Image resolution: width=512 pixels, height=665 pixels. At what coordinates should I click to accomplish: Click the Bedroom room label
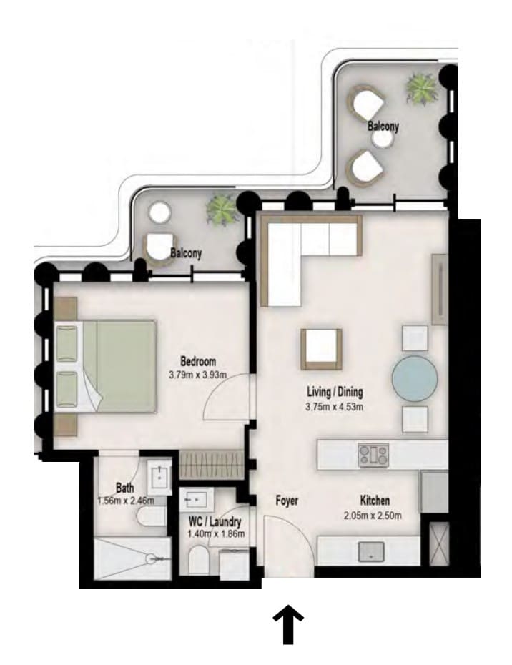click(198, 362)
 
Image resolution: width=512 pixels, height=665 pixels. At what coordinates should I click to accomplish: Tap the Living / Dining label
click(335, 392)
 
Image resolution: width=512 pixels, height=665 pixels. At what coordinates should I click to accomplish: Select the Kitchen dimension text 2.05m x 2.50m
click(373, 516)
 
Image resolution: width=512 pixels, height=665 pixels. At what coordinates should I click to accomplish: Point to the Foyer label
click(287, 501)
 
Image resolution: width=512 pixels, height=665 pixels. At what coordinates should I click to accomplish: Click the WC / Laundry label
click(215, 522)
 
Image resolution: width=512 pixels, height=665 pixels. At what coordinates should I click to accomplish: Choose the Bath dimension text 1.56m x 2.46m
click(126, 501)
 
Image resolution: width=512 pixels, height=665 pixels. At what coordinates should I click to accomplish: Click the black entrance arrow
click(288, 624)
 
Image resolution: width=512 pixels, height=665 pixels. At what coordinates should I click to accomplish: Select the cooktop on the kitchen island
click(373, 455)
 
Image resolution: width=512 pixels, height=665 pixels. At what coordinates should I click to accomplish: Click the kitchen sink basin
click(371, 552)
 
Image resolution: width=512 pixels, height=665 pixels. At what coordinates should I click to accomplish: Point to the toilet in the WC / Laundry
click(199, 560)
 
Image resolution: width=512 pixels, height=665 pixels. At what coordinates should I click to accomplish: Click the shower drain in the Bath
click(152, 559)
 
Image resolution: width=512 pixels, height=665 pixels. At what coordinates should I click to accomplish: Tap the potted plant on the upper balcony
click(421, 89)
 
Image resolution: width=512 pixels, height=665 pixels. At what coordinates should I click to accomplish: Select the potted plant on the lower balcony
click(221, 210)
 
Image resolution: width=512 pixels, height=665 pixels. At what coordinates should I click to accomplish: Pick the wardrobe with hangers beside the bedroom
click(211, 465)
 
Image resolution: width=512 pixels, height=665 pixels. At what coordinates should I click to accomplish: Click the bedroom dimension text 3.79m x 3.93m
click(197, 375)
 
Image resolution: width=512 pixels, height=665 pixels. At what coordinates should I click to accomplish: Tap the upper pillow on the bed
click(67, 343)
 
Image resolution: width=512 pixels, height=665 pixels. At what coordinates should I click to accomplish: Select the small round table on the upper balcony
click(383, 140)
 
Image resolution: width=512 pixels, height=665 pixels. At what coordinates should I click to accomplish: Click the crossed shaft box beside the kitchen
click(438, 544)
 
